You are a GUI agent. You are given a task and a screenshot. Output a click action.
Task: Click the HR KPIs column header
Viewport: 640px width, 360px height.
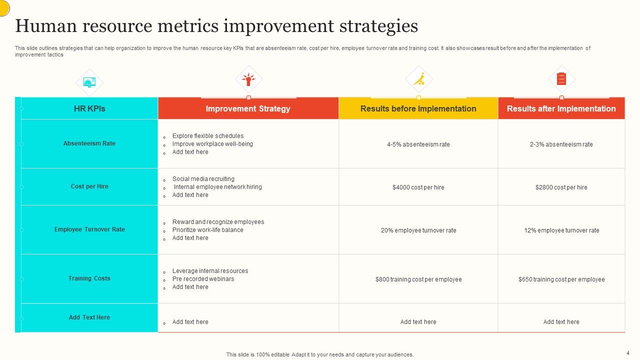[x=89, y=108]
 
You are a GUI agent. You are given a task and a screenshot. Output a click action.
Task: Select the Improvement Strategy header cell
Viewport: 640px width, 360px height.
[x=248, y=108]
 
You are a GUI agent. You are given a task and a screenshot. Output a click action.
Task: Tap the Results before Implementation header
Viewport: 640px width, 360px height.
[x=418, y=108]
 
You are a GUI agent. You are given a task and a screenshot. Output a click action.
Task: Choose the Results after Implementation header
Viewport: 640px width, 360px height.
[x=561, y=108]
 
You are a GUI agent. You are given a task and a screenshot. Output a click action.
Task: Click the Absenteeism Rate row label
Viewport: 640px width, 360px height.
[x=89, y=143]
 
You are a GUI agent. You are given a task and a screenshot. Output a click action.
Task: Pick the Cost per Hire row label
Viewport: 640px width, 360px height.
[x=89, y=186]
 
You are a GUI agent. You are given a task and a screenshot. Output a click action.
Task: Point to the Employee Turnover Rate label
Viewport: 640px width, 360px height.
[x=89, y=229]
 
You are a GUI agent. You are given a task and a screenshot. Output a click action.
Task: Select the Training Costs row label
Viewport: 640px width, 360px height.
[x=89, y=278]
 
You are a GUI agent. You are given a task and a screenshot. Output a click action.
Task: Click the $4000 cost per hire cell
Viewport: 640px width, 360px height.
[x=418, y=187]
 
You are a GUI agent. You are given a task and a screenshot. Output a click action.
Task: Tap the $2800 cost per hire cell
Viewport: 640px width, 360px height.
[x=561, y=187]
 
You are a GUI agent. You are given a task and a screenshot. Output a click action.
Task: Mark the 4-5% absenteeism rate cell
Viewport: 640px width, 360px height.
[x=418, y=144]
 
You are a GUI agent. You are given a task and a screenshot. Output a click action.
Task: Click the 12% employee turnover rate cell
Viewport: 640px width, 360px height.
[x=561, y=230]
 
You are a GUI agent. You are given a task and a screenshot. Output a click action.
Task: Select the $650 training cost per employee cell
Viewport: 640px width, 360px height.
[x=561, y=279]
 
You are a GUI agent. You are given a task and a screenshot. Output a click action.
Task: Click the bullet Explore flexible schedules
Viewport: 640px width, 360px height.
[x=208, y=136]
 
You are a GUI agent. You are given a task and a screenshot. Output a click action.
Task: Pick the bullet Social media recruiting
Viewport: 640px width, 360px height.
[x=203, y=179]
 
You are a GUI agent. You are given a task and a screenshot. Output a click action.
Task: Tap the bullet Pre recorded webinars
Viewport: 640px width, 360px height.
[x=203, y=279]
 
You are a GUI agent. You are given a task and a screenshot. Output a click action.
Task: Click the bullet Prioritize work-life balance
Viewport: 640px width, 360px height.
[x=207, y=230]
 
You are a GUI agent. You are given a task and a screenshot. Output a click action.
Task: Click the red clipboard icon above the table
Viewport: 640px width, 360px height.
[x=561, y=79]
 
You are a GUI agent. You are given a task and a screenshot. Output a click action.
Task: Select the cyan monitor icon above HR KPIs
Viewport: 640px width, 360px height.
[x=89, y=82]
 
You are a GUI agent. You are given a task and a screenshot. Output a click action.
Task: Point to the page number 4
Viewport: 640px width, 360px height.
[x=627, y=353]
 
